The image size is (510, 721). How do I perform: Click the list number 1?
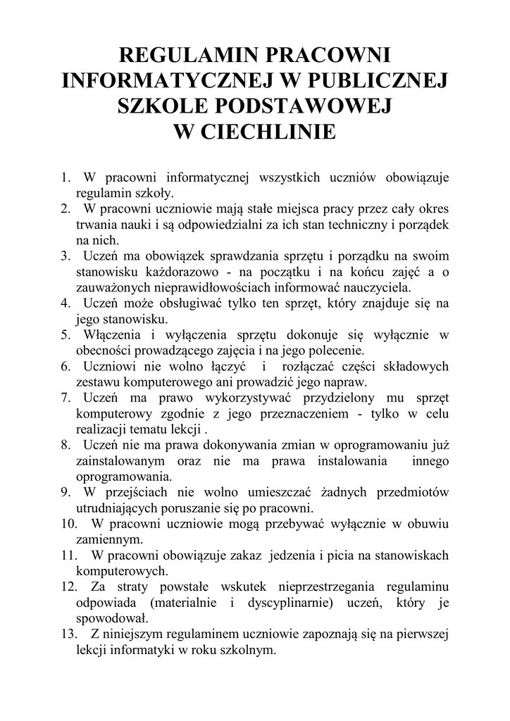coord(64,177)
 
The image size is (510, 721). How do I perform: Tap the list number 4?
coord(64,303)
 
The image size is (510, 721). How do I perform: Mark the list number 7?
coord(64,398)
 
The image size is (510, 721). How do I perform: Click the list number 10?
coord(67,524)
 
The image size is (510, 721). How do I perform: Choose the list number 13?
coord(67,634)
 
